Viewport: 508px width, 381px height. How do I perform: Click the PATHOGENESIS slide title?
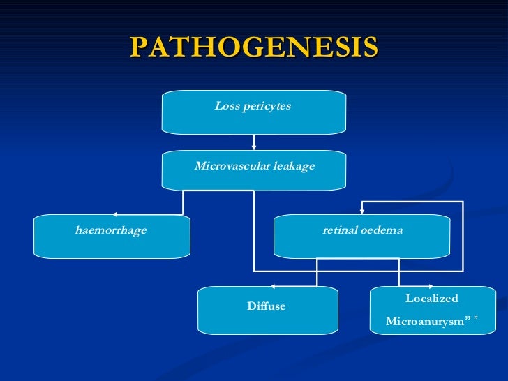click(x=254, y=48)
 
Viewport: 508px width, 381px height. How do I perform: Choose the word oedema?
click(x=382, y=230)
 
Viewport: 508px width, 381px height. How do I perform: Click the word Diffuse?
click(x=267, y=306)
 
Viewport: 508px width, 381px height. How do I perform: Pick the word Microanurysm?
click(x=425, y=322)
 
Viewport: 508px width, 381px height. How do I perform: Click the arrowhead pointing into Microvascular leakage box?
click(x=254, y=147)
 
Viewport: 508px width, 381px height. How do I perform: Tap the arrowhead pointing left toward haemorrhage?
click(x=114, y=214)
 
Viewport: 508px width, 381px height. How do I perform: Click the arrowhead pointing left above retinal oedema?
click(x=362, y=202)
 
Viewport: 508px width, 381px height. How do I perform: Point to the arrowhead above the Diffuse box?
click(x=273, y=286)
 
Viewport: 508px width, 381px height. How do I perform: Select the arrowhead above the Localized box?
click(x=432, y=286)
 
